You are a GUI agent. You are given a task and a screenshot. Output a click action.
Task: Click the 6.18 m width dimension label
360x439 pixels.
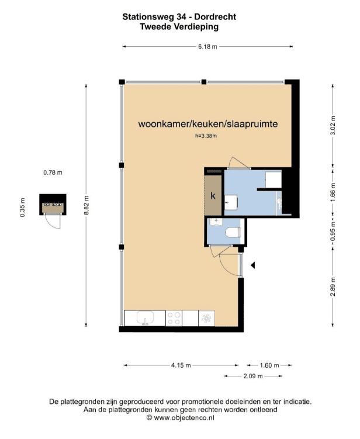(207, 47)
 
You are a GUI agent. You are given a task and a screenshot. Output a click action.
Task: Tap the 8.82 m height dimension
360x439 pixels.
(86, 205)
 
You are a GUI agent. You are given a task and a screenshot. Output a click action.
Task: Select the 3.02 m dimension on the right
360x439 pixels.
(333, 126)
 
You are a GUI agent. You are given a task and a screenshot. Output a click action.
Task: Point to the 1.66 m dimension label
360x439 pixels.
(333, 192)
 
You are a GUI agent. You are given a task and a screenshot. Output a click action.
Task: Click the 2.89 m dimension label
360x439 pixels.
(333, 286)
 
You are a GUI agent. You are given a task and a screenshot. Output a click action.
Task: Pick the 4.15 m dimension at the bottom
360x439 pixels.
(181, 365)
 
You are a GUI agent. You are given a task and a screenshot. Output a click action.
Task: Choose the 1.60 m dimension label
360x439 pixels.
(269, 365)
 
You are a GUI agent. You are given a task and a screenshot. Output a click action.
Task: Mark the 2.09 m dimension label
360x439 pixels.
(253, 376)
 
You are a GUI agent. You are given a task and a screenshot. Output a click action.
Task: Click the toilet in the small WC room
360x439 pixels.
(233, 232)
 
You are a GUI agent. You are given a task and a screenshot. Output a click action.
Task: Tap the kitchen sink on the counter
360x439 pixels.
(145, 319)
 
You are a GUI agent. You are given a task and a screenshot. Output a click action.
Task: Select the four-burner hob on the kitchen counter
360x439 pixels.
(174, 319)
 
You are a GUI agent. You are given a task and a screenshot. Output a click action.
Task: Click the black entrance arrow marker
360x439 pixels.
(252, 265)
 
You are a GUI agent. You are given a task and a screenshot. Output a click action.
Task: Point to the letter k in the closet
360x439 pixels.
(213, 195)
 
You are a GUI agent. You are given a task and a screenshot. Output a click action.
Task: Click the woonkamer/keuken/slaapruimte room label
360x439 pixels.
(208, 124)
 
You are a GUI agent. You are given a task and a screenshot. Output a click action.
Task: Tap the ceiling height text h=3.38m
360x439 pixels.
(206, 136)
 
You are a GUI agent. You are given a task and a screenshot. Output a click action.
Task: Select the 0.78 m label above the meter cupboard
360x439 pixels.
(53, 173)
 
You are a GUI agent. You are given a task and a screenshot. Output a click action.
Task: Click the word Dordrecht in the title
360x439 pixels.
(215, 17)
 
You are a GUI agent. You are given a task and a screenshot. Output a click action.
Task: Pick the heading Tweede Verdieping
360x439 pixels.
(179, 27)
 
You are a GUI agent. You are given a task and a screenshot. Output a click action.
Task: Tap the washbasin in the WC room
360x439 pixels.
(216, 222)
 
